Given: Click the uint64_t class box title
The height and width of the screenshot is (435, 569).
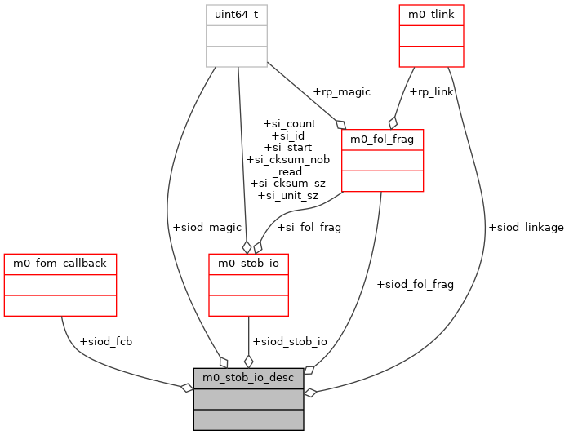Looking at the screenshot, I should tap(236, 15).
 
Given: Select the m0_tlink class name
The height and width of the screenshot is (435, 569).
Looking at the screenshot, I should tap(431, 15).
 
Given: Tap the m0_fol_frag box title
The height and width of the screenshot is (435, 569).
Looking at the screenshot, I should tap(382, 140).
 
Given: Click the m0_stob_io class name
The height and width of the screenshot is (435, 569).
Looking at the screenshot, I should tap(248, 264).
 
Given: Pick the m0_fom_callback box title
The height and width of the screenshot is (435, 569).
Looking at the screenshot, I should tap(60, 264).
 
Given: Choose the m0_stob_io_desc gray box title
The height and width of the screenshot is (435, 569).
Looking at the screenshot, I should tap(248, 378).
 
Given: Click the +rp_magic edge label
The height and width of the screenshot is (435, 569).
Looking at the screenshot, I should tap(341, 91).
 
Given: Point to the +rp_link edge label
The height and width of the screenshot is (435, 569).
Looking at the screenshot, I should tap(431, 91).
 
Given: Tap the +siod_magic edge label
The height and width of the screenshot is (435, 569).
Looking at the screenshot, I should tap(207, 227).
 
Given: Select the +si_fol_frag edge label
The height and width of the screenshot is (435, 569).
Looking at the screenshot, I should tap(309, 227).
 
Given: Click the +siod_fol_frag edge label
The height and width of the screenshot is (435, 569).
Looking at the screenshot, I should tap(415, 284).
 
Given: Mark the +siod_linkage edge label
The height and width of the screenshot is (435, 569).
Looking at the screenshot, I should tap(525, 227).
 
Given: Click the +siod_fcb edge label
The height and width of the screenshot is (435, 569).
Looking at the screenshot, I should tap(105, 340).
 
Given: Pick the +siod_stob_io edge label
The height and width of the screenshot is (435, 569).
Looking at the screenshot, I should tap(290, 340).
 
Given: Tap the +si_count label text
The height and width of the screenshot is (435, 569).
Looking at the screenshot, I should tap(290, 124).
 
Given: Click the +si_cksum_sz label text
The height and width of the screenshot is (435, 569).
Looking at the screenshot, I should tap(287, 183).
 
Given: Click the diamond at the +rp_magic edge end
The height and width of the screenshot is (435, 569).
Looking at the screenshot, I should tap(341, 125).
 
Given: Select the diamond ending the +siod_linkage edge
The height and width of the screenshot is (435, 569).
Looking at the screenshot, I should tap(309, 393).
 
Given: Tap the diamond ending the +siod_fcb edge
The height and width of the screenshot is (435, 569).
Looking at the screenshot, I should tap(187, 388).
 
